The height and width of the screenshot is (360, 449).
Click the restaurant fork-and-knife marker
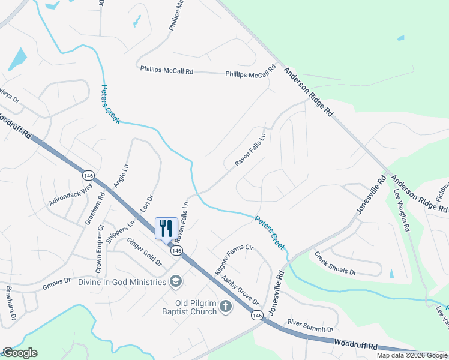(167, 228)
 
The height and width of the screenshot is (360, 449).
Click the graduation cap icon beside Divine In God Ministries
(176, 281)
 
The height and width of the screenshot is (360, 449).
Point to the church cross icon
(225, 307)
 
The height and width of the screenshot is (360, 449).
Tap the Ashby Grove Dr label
(240, 290)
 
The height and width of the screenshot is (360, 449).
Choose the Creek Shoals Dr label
(336, 263)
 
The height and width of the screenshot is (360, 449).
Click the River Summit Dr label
(310, 326)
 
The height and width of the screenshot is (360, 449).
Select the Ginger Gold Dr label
(143, 253)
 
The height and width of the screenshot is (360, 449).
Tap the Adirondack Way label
(71, 196)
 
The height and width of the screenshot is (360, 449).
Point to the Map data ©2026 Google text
(411, 355)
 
